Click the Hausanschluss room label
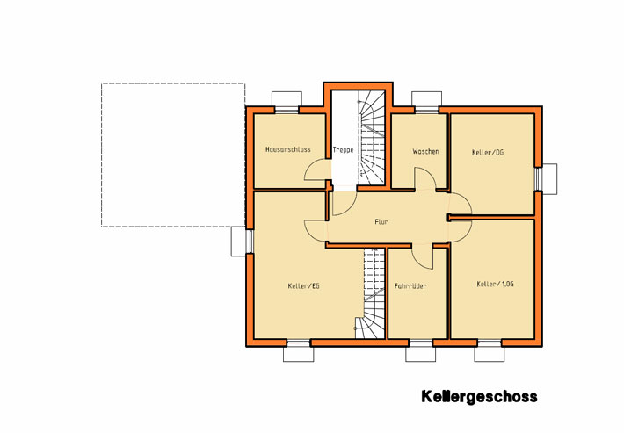[287, 149]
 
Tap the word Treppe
[343, 150]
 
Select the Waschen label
[425, 151]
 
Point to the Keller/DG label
[488, 152]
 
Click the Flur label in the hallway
[381, 222]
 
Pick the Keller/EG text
[303, 285]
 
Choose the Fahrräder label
[410, 285]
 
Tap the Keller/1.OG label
[495, 284]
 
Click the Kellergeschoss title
[479, 397]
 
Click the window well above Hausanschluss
[287, 99]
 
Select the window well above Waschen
[426, 99]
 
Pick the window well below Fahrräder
[421, 354]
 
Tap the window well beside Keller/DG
[549, 179]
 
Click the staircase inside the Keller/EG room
[374, 293]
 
